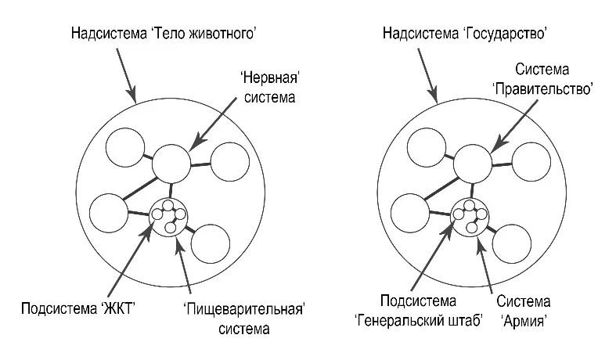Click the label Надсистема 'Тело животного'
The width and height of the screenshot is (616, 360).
(x=164, y=34)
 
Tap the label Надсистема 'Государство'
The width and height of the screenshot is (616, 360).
(x=464, y=34)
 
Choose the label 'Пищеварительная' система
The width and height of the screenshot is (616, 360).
(x=243, y=316)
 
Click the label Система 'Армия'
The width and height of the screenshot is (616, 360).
(x=522, y=310)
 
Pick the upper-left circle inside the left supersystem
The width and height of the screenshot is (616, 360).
(x=125, y=146)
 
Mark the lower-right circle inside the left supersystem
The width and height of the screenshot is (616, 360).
(x=211, y=244)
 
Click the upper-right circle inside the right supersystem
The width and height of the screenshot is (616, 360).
(x=532, y=162)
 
